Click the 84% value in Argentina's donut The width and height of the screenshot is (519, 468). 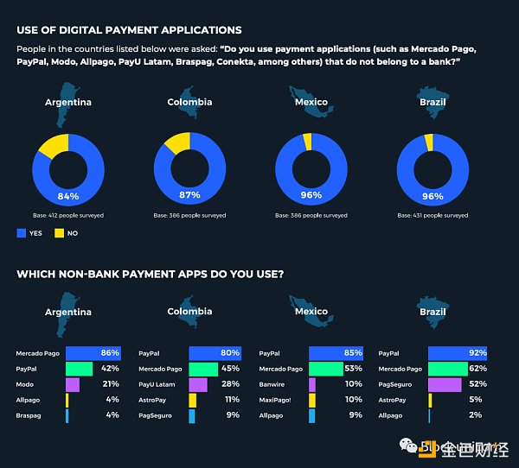[x=68, y=194]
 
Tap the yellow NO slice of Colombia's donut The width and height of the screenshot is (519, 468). [x=176, y=142]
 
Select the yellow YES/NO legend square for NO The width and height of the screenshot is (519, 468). [x=60, y=232]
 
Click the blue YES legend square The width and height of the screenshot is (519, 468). [x=22, y=232]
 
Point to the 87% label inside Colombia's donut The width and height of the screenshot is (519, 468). [x=189, y=194]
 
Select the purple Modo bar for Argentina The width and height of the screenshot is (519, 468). [x=72, y=384]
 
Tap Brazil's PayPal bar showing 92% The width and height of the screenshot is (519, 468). [x=457, y=353]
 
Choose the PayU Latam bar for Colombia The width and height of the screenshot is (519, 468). [x=198, y=384]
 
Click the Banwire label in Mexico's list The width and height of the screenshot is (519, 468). [x=272, y=384]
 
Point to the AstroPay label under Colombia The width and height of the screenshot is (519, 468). [x=152, y=400]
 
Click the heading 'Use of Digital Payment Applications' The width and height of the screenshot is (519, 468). [x=129, y=30]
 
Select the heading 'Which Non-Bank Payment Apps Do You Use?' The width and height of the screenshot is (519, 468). [x=150, y=275]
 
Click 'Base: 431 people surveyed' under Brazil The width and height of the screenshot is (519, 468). [x=432, y=215]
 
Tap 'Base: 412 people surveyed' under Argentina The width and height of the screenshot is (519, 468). [x=68, y=215]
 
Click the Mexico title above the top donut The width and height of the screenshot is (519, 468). [x=311, y=102]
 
